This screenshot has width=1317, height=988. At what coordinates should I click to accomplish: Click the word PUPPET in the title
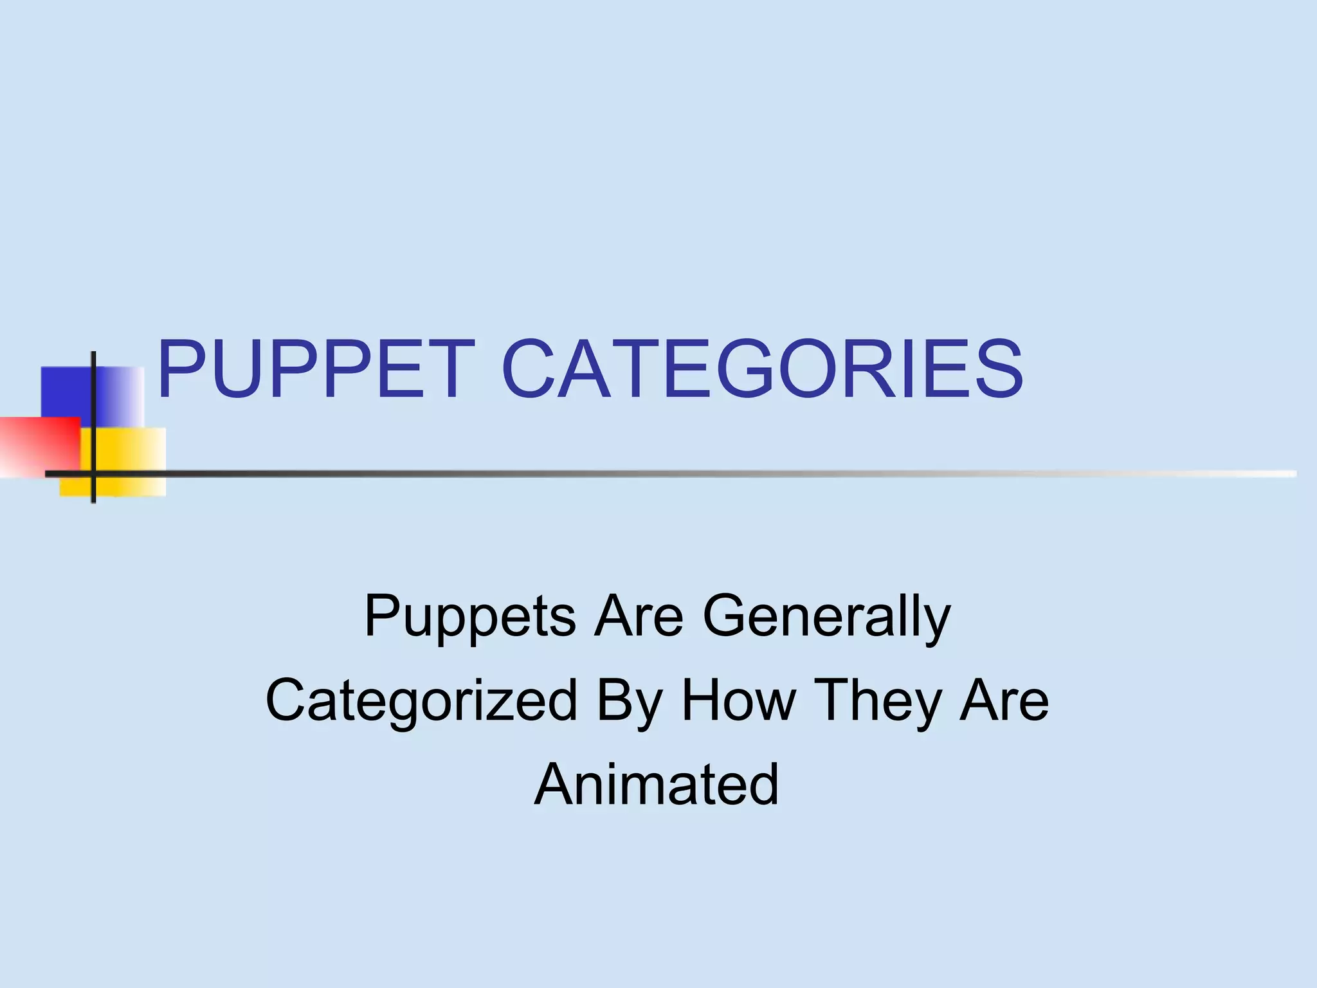[316, 370]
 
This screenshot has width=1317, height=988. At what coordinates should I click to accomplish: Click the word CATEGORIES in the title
[761, 370]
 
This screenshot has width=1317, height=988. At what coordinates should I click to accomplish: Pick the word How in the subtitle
[738, 700]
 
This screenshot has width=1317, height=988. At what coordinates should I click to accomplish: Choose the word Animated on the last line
[657, 784]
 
